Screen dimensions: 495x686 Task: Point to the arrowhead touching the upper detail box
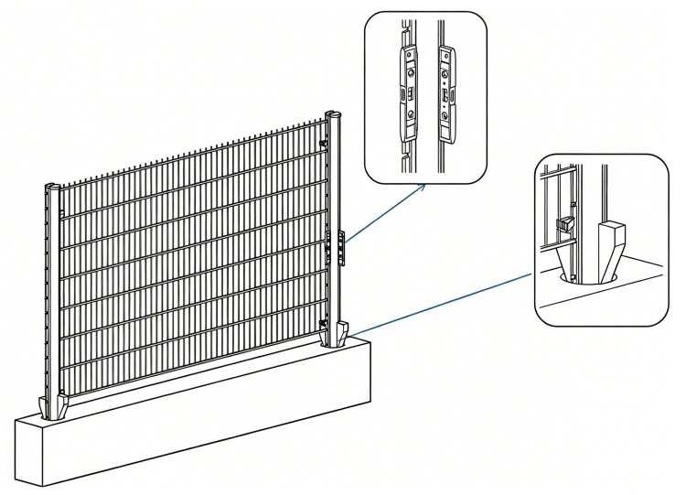[x=423, y=186]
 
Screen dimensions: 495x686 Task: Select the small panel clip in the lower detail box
[x=564, y=224]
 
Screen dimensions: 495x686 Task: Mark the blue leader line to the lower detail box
[x=439, y=303]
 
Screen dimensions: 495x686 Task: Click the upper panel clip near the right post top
[x=324, y=144]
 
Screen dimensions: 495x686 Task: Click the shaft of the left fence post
[x=50, y=293]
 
